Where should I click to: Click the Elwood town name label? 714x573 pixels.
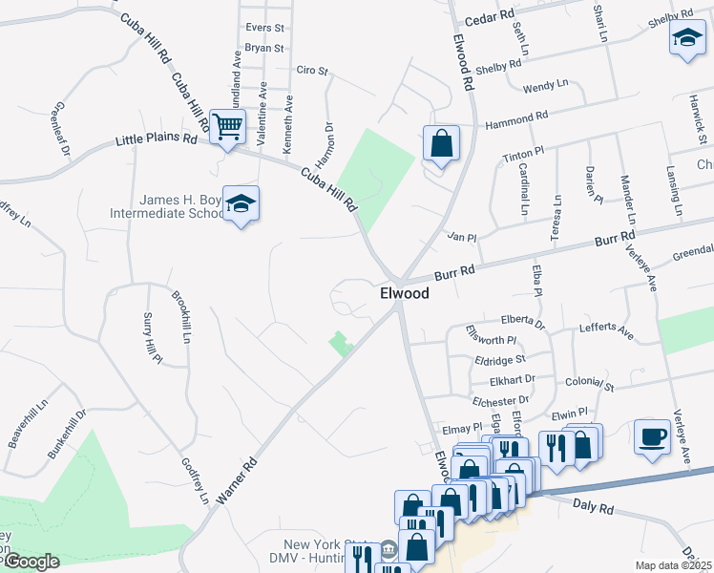pos(404,294)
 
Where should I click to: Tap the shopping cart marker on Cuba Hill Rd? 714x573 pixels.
pos(227,126)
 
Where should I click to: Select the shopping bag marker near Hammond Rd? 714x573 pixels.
pos(441,144)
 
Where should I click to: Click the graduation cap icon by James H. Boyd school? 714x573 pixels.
pos(241,203)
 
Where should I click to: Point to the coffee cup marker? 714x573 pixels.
pos(652,436)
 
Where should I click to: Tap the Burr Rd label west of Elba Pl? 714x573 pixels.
pos(454,272)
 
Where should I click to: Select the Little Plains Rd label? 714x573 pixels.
pos(156,139)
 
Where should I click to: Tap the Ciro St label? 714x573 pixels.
pos(311,71)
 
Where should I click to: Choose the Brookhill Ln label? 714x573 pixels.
pos(181,318)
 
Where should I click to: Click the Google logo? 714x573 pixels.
pos(31,562)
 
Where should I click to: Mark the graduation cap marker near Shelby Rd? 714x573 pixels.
pos(686,39)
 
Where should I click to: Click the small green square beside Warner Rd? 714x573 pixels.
pos(340,342)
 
